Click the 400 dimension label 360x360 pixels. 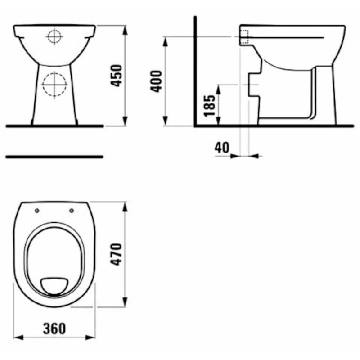click(156, 81)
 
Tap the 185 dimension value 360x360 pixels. click(210, 105)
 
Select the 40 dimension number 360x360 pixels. click(221, 148)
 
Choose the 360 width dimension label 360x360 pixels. click(55, 328)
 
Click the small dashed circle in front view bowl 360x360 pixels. click(54, 36)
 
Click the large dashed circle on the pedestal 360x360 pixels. click(54, 85)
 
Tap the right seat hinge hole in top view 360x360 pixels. click(72, 210)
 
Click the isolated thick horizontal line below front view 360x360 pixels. click(54, 157)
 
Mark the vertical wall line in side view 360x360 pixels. click(195, 72)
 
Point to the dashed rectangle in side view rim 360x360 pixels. click(245, 36)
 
